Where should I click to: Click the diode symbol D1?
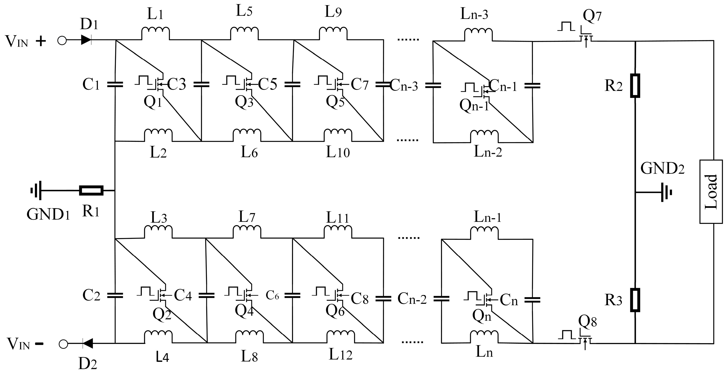pos(86,40)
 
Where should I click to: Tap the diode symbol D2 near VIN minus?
pos(88,343)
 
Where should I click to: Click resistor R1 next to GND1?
pos(91,191)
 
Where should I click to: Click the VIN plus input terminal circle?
pos(62,41)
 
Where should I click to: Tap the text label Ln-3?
pos(474,14)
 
